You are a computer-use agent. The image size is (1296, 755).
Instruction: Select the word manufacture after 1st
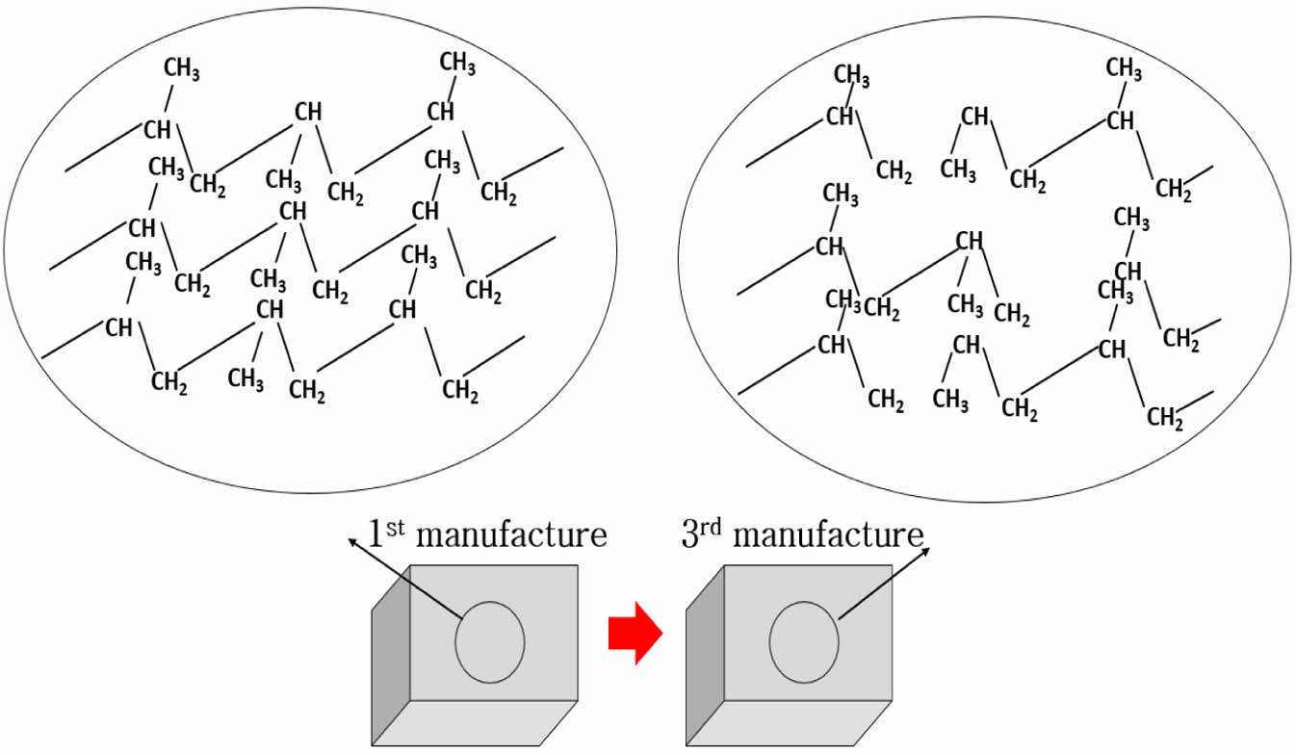click(513, 534)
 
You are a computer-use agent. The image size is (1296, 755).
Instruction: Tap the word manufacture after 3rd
click(827, 534)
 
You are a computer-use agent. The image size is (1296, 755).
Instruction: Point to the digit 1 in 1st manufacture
click(377, 534)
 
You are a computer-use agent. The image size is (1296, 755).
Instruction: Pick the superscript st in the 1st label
click(399, 526)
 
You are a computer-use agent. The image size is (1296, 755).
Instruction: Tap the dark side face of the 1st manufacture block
click(391, 656)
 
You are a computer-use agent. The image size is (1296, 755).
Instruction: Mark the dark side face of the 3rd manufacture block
click(704, 656)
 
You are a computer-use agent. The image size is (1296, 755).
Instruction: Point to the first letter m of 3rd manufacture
click(745, 536)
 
